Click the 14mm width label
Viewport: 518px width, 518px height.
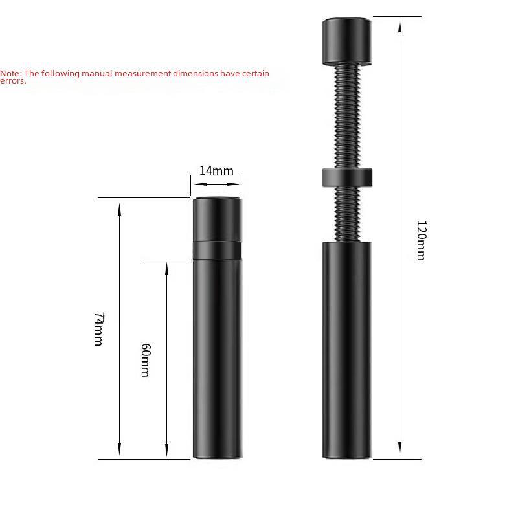[x=216, y=171]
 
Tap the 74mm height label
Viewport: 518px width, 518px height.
[x=98, y=329]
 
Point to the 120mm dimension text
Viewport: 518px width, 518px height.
[x=420, y=240]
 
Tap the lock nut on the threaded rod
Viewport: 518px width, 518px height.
[x=347, y=176]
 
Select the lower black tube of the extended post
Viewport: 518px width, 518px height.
[x=347, y=350]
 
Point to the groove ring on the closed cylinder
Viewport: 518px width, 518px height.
[x=217, y=250]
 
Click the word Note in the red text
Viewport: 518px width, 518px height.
[x=10, y=74]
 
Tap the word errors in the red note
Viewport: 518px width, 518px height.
[x=12, y=81]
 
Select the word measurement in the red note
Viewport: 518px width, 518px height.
[x=142, y=74]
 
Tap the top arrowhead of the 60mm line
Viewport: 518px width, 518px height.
[x=166, y=267]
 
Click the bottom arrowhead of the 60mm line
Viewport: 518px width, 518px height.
[x=166, y=451]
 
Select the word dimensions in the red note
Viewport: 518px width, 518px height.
[x=195, y=74]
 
